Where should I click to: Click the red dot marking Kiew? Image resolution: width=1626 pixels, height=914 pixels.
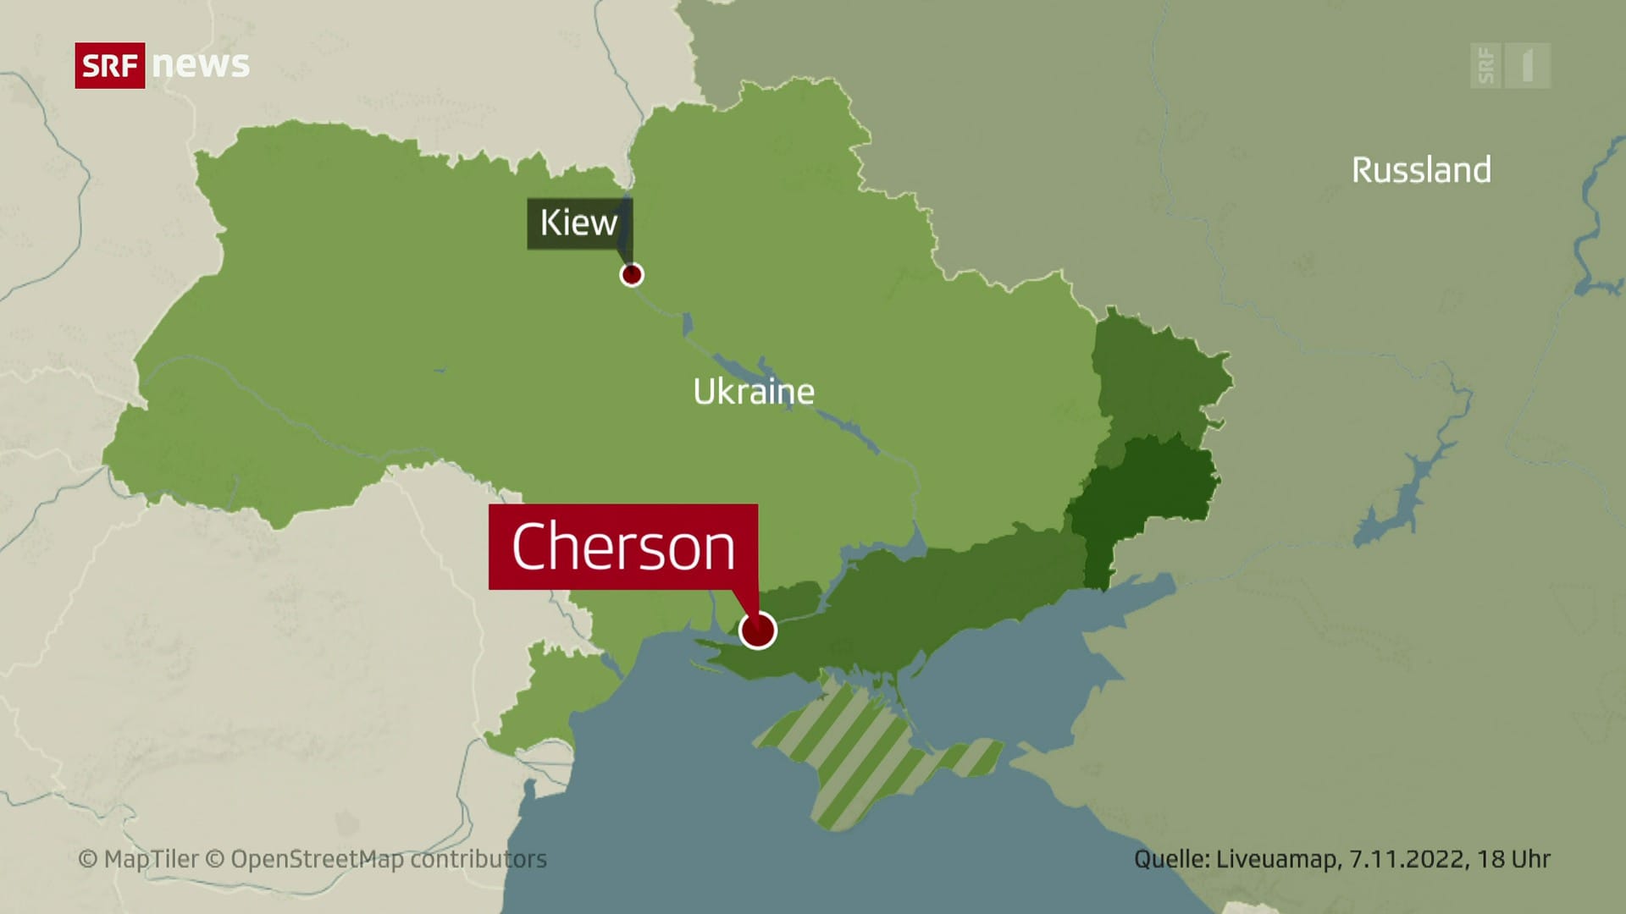[632, 275]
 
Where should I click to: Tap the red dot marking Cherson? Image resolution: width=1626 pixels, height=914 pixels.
[757, 630]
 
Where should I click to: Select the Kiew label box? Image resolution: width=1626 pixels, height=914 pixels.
[578, 223]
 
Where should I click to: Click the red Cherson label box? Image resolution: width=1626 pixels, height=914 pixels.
[623, 547]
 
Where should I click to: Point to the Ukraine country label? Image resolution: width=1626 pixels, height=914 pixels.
[754, 392]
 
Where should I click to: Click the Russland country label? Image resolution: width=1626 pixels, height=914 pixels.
[1421, 170]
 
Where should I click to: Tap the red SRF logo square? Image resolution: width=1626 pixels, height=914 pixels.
[110, 65]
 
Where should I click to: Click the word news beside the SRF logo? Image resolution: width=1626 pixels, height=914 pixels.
[202, 65]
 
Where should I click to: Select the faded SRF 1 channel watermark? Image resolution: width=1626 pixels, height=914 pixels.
[1510, 65]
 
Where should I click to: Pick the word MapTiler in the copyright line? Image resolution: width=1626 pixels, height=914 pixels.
[151, 859]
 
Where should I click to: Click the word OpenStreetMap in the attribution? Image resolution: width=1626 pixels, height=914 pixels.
[317, 859]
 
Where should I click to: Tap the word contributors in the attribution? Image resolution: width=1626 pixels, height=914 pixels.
[478, 859]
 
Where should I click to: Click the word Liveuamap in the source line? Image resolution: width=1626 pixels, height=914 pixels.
[1277, 859]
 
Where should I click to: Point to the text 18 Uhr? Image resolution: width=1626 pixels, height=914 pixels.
[1514, 859]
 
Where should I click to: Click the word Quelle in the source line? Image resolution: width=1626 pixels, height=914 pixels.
[1171, 859]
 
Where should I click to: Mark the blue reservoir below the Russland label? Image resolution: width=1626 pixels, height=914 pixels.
[1397, 499]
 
